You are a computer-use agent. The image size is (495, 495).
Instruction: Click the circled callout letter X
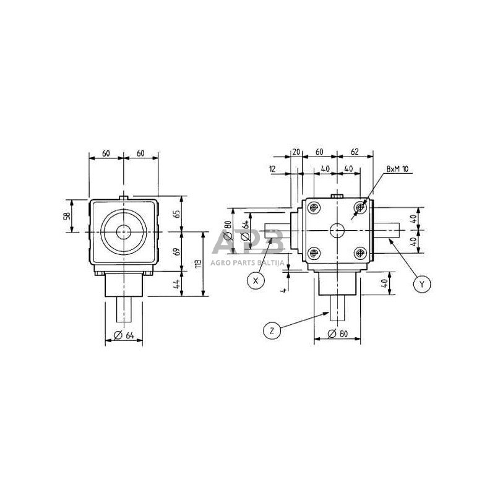click(254, 280)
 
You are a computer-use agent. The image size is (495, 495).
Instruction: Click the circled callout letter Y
click(421, 284)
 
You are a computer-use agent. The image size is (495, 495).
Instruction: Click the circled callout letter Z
click(271, 331)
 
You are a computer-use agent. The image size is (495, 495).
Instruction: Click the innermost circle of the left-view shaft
click(124, 232)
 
